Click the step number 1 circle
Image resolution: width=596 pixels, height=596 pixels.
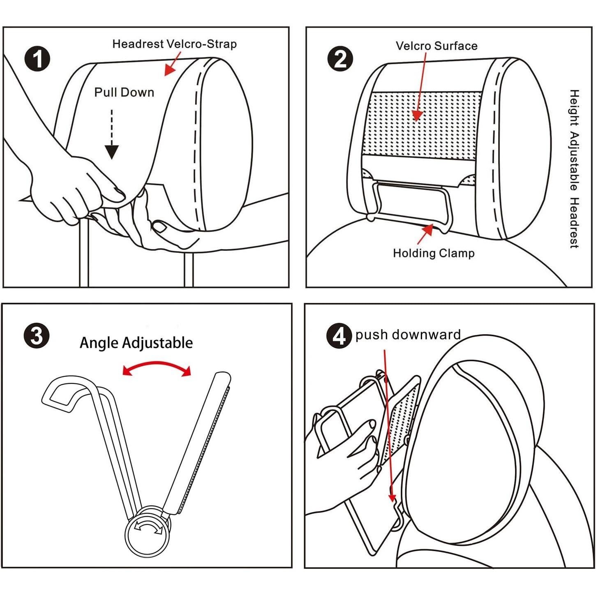pyautogui.click(x=37, y=59)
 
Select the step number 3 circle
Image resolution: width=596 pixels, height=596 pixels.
pyautogui.click(x=37, y=335)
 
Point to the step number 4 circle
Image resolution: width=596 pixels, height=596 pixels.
pyautogui.click(x=339, y=336)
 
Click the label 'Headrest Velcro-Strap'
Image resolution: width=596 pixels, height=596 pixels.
pyautogui.click(x=174, y=44)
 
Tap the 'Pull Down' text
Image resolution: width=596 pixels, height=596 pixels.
pyautogui.click(x=124, y=92)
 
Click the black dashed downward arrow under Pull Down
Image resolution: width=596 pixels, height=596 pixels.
pyautogui.click(x=112, y=136)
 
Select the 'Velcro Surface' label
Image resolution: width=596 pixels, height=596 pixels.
pyautogui.click(x=436, y=46)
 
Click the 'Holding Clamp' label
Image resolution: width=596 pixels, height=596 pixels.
pyautogui.click(x=434, y=253)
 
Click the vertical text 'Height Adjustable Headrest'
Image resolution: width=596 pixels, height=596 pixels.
pyautogui.click(x=574, y=169)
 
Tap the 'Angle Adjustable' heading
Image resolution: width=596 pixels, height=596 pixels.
pyautogui.click(x=136, y=342)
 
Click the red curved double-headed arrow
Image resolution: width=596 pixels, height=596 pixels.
pyautogui.click(x=157, y=367)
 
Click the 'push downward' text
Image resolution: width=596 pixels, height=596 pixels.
pyautogui.click(x=408, y=335)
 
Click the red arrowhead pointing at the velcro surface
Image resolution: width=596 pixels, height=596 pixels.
pyautogui.click(x=417, y=115)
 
